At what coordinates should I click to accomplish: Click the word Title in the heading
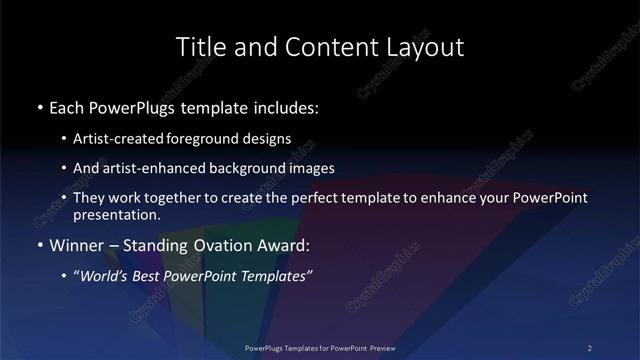[x=197, y=47]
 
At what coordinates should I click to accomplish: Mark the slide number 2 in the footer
[x=590, y=348]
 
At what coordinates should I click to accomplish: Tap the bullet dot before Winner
[x=39, y=245]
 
